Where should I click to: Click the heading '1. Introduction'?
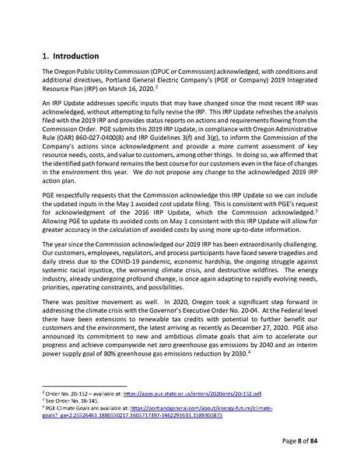69,57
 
